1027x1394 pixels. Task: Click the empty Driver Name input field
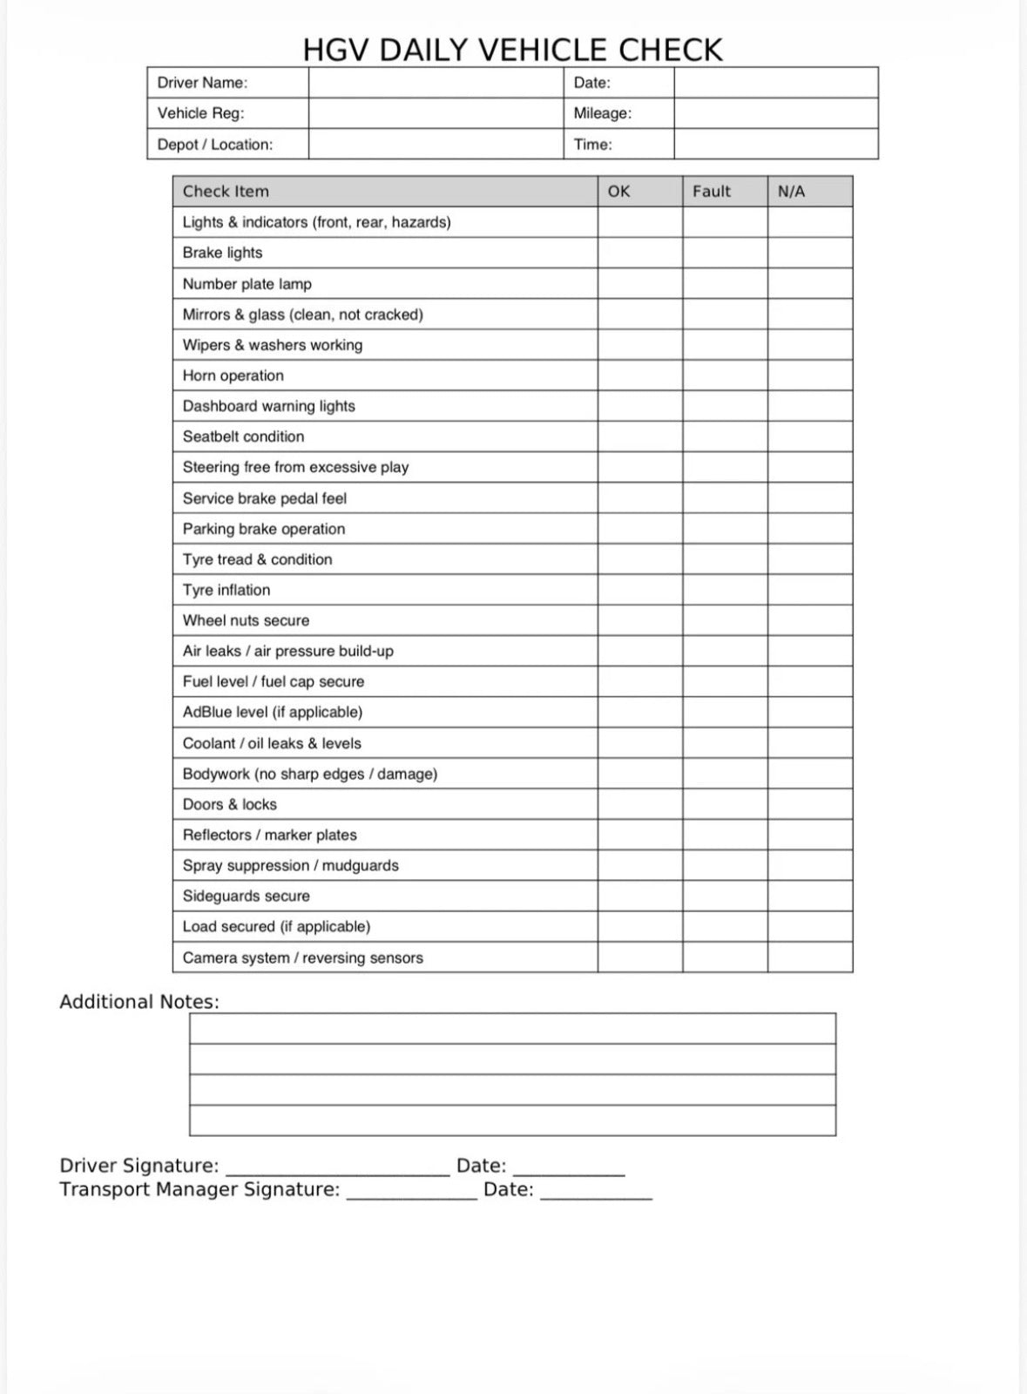tap(436, 83)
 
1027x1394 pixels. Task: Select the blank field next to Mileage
tap(775, 113)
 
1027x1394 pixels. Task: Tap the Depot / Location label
tap(214, 145)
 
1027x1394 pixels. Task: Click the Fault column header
tap(712, 192)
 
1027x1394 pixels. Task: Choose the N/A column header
tap(791, 192)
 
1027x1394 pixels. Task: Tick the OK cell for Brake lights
tap(639, 253)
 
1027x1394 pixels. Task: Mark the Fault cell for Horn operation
tap(725, 376)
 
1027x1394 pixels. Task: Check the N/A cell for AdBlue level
tap(809, 712)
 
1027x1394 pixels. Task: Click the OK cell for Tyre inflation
tap(639, 590)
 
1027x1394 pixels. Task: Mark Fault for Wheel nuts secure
tap(725, 620)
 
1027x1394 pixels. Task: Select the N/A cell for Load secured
tap(809, 926)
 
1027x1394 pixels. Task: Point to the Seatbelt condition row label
tap(243, 436)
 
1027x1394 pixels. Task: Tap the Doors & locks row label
tap(229, 804)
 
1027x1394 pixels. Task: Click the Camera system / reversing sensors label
tap(302, 958)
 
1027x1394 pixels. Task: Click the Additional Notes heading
tap(139, 1002)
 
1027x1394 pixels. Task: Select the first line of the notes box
tap(512, 1029)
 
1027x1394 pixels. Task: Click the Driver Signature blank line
tap(337, 1167)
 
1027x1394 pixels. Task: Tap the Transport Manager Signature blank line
tap(411, 1191)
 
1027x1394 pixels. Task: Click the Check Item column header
tap(226, 192)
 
